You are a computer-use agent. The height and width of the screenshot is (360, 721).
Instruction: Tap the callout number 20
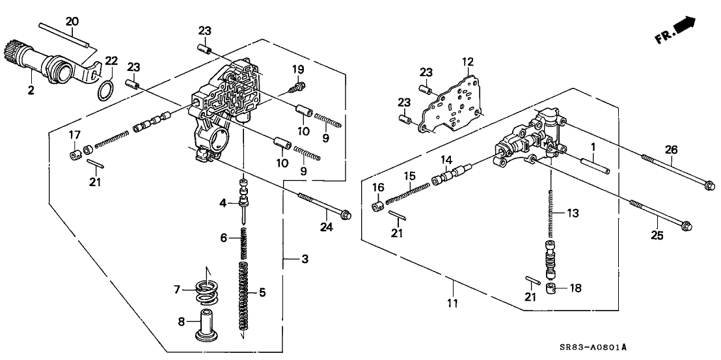(x=72, y=21)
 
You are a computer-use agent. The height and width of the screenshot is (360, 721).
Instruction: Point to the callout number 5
(x=262, y=293)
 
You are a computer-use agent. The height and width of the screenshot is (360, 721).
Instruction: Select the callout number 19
(x=297, y=69)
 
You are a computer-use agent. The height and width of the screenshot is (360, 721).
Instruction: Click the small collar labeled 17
(x=75, y=154)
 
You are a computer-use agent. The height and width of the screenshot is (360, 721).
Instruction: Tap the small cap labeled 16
(x=376, y=207)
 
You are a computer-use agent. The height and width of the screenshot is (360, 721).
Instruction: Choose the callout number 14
(x=446, y=160)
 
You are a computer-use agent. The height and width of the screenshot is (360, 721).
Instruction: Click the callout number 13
(x=572, y=213)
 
